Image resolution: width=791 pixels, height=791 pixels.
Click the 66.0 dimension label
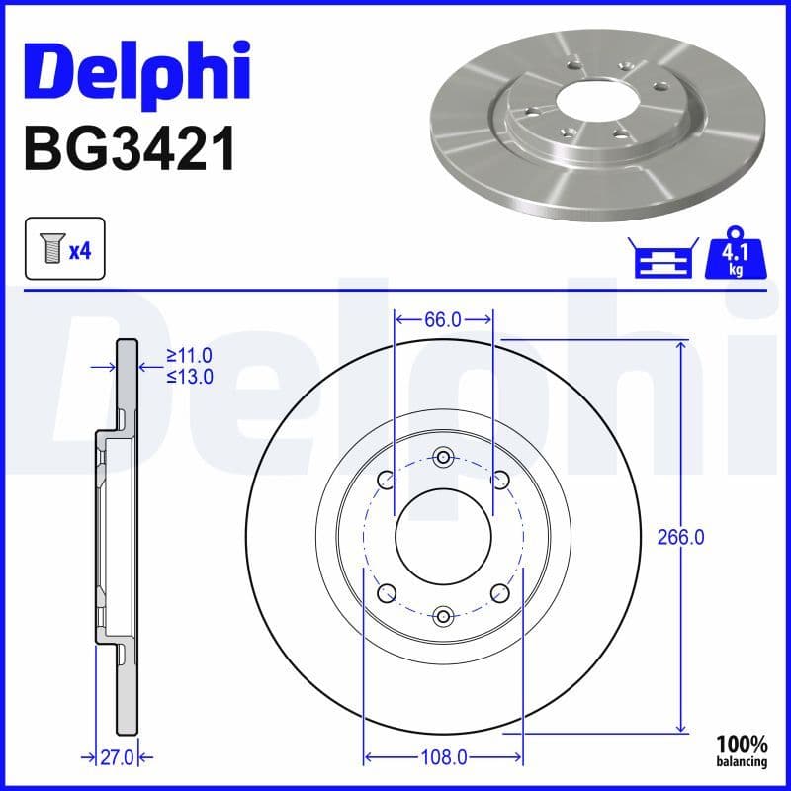[443, 319]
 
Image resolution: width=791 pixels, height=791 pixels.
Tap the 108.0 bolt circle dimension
[443, 757]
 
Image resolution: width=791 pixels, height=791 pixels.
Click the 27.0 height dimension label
[118, 757]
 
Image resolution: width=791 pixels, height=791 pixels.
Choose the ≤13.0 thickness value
[190, 376]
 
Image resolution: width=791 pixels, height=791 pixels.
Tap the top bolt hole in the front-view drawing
[443, 457]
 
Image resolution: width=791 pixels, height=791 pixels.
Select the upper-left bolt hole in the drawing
[387, 480]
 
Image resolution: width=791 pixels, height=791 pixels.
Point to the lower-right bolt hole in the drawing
[499, 592]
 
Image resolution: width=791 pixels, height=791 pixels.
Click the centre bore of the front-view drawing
[443, 536]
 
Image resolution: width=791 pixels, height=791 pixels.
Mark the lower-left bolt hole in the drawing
[387, 592]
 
